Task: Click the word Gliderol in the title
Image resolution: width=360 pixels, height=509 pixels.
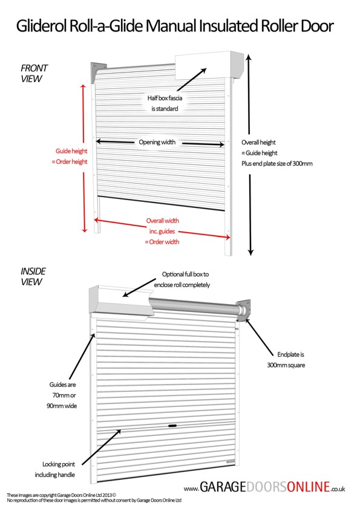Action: click(42, 26)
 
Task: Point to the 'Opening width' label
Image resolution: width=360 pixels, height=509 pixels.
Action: click(157, 142)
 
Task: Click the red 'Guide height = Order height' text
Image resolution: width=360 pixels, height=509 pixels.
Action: click(70, 156)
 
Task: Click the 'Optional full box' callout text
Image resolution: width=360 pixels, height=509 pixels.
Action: click(186, 279)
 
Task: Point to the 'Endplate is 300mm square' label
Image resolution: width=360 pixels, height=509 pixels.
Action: click(285, 360)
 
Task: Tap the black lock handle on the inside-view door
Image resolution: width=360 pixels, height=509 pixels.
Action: click(174, 426)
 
